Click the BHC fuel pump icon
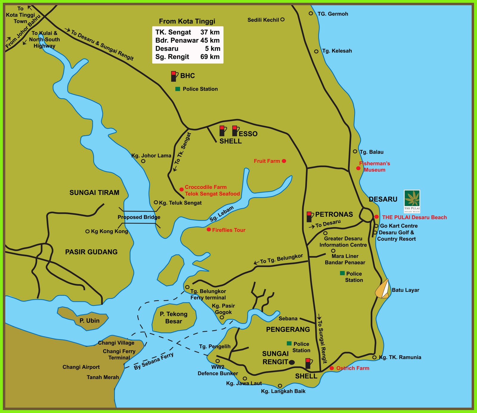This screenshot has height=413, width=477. [x=174, y=76]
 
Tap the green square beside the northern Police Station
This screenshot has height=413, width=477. [x=178, y=89]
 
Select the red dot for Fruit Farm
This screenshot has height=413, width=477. [x=284, y=161]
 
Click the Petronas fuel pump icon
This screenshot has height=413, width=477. [x=309, y=217]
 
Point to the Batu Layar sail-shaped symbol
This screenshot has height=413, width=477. [x=383, y=289]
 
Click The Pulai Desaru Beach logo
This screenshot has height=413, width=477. [x=412, y=201]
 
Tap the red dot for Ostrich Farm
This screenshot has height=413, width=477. [x=332, y=368]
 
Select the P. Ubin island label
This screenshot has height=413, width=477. [x=89, y=321]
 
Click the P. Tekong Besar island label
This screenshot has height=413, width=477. [x=174, y=318]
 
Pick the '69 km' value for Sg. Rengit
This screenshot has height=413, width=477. [x=210, y=57]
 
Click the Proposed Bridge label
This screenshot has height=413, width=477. [x=139, y=217]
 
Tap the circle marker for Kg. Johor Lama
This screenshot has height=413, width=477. [x=143, y=161]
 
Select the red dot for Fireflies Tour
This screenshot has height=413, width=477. [x=209, y=230]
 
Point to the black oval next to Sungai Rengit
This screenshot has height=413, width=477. [x=292, y=362]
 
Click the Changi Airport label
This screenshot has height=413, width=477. [x=81, y=367]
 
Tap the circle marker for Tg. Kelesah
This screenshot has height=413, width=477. [x=316, y=52]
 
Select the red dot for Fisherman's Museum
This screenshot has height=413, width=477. [x=358, y=168]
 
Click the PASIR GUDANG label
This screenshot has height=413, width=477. [x=91, y=252]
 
